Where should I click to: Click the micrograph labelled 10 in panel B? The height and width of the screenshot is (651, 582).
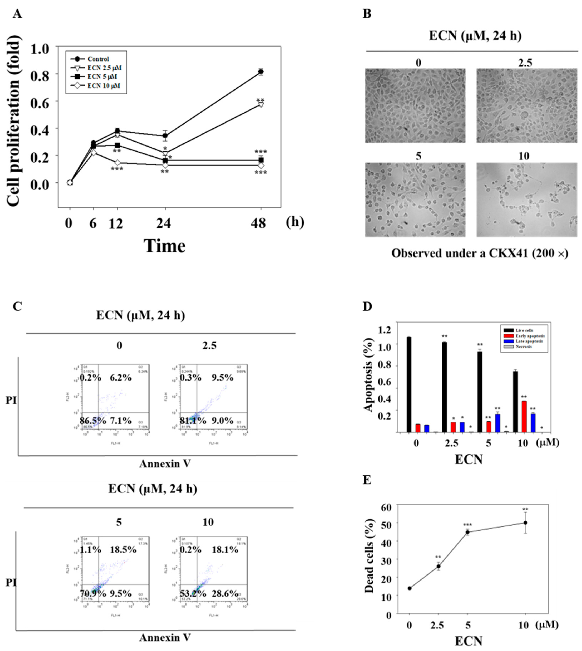pos(526,200)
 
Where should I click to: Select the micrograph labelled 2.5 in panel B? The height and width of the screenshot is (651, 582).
pos(526,105)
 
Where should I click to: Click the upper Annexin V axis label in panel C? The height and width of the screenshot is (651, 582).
pos(165,464)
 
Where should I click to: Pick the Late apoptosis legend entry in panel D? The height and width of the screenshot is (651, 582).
pos(524,341)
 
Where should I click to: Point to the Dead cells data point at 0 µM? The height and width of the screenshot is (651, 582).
pos(410,588)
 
